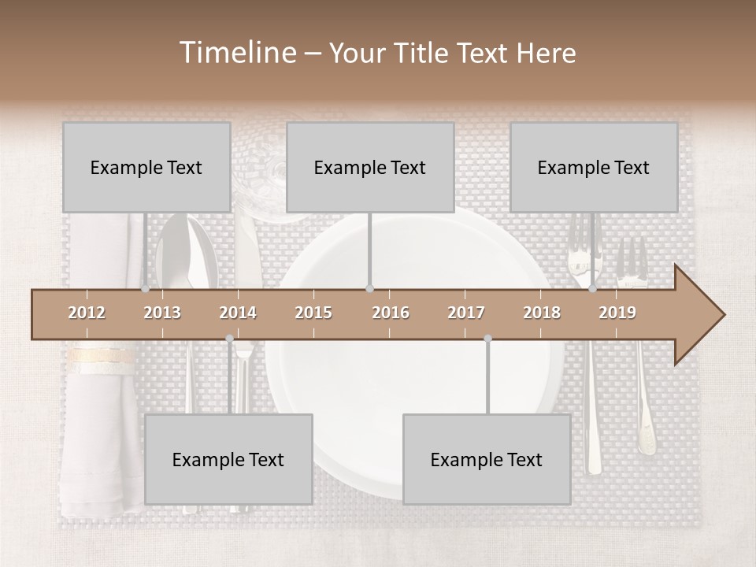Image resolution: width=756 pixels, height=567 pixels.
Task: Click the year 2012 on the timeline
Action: (87, 313)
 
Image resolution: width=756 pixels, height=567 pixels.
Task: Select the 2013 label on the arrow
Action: (162, 313)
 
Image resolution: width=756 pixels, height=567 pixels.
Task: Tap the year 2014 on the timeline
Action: (238, 313)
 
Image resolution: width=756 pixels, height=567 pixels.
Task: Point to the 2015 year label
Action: (313, 313)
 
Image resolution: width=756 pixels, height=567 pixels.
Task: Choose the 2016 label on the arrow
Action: (391, 313)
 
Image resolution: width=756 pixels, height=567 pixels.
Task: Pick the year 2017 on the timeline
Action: (466, 313)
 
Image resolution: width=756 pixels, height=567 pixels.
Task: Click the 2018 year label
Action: (542, 313)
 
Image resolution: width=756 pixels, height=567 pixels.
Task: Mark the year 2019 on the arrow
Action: (617, 313)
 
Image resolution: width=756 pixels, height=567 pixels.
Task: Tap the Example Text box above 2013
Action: (146, 167)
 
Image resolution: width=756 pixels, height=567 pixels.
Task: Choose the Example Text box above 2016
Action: (370, 167)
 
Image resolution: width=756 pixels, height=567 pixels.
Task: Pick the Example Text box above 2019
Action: (594, 167)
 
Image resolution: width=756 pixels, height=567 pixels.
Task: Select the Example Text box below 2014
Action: (228, 459)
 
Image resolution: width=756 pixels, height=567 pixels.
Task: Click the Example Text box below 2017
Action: (487, 459)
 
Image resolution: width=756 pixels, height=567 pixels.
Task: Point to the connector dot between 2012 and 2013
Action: (146, 289)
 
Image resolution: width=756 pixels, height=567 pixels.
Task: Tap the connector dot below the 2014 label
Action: (229, 339)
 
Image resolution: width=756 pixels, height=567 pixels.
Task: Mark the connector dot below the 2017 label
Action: (487, 339)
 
